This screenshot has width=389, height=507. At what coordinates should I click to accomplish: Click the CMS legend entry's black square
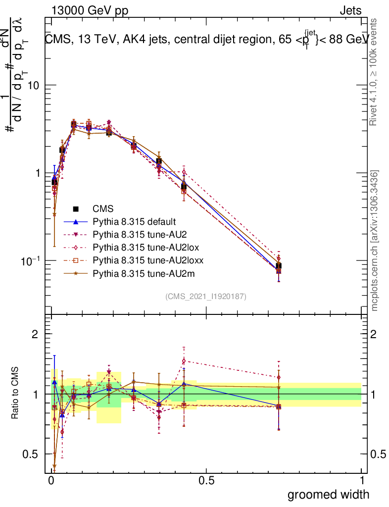click(x=76, y=209)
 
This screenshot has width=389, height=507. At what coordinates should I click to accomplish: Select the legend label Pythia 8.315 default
click(x=135, y=221)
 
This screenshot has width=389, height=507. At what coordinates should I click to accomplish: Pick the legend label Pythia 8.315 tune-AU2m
click(x=139, y=273)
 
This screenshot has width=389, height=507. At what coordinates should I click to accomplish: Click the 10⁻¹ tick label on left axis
click(x=31, y=260)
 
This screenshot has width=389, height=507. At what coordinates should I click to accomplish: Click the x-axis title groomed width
click(x=328, y=494)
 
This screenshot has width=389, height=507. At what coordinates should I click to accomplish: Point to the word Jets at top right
click(x=350, y=11)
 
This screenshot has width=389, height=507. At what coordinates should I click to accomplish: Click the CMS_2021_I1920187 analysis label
click(x=206, y=297)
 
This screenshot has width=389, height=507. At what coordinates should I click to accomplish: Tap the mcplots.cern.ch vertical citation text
click(x=375, y=241)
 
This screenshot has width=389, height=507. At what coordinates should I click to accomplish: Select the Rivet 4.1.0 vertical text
click(x=375, y=72)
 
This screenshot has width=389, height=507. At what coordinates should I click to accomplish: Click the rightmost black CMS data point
click(x=279, y=266)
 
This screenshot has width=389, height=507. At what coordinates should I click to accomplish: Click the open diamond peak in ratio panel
click(x=184, y=360)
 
